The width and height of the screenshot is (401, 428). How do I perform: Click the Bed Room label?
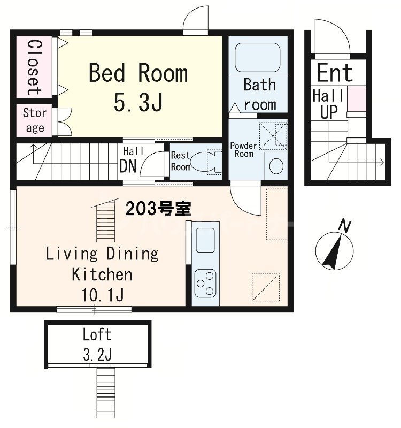pos(138,73)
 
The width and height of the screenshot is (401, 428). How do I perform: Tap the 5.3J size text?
pos(138,103)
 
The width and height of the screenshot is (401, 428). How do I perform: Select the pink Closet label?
pos(34,67)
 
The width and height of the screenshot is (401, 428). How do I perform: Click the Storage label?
pos(34,120)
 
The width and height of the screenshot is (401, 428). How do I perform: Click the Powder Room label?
pos(243,150)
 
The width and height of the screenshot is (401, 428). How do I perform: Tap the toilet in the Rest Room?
pos(206,161)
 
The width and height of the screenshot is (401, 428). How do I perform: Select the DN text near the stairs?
pos(128,166)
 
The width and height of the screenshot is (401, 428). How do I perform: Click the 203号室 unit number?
pos(159,209)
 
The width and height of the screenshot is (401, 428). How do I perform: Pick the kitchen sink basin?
pos(205,239)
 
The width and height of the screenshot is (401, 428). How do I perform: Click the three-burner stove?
pos(205,284)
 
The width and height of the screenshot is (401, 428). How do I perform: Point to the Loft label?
pos(97,335)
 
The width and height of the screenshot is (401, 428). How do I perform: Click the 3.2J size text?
pos(97,354)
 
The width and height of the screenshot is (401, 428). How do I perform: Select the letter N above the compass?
pos(345,226)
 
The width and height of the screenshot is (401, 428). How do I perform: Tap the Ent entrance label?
pos(335,73)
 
